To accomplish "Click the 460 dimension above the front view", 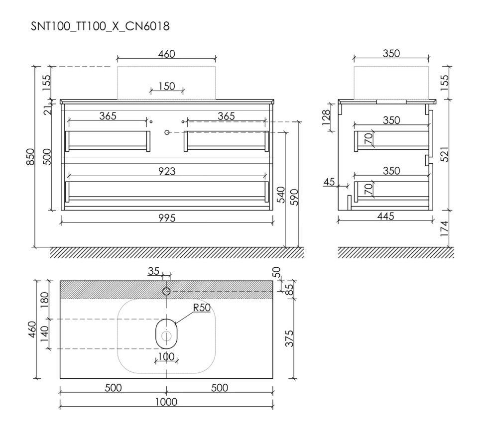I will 166,54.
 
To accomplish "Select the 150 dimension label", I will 167,86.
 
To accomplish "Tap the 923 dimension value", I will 166,171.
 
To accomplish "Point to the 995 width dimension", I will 166,217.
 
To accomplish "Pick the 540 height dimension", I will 280,195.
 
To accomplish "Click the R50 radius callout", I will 202,308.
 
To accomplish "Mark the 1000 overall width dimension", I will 166,402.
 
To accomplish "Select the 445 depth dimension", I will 385,216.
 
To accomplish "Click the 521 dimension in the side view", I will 445,155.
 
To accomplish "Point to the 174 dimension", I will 445,229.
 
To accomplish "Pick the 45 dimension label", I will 329,182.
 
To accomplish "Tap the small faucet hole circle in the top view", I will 167,291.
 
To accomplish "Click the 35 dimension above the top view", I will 153,271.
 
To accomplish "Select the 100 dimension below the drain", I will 166,357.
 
